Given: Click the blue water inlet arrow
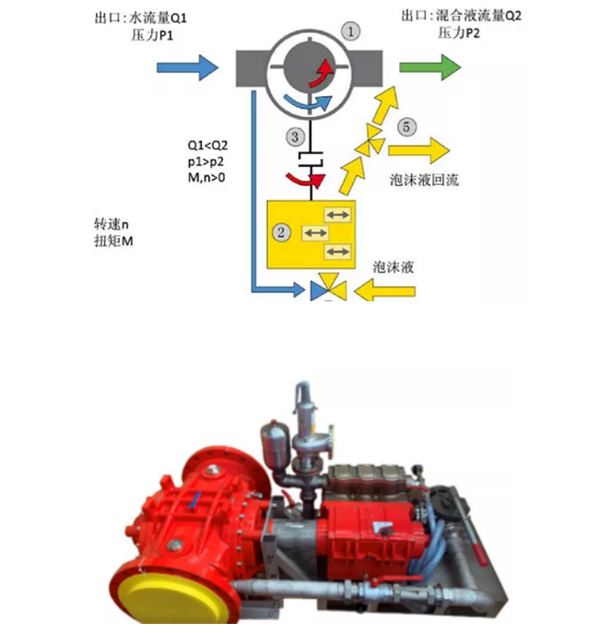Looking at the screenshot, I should click(x=188, y=66).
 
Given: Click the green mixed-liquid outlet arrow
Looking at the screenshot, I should click(x=429, y=66).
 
